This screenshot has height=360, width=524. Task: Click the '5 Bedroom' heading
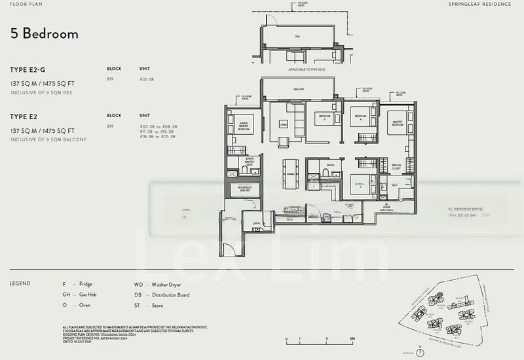tap(44, 34)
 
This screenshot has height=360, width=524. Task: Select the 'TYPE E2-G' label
tap(28, 69)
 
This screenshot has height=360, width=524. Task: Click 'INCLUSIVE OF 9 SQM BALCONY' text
tap(48, 140)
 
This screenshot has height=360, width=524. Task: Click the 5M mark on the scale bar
tap(351, 339)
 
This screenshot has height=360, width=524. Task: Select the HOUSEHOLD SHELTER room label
tap(244, 190)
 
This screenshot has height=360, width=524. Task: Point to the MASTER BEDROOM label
tap(397, 122)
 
